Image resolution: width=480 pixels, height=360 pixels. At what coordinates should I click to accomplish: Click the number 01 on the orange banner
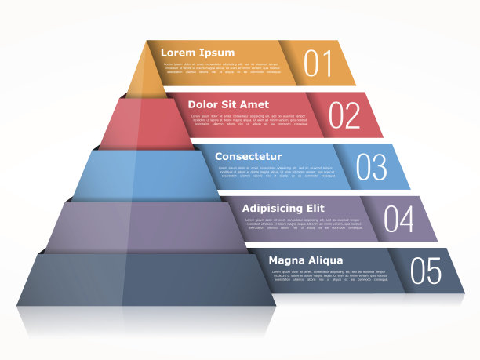pyautogui.click(x=318, y=63)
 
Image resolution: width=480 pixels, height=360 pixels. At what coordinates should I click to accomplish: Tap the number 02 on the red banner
pyautogui.click(x=344, y=115)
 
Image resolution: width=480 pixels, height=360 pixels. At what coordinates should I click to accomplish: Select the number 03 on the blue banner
pyautogui.click(x=371, y=167)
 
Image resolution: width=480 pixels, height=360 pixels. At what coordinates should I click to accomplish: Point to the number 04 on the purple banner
pyautogui.click(x=398, y=219)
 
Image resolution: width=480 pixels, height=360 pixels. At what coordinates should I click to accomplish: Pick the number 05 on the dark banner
pyautogui.click(x=426, y=271)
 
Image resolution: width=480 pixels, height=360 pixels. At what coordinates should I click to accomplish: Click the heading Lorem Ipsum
pyautogui.click(x=198, y=53)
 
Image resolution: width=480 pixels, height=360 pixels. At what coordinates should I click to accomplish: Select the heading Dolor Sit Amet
pyautogui.click(x=228, y=104)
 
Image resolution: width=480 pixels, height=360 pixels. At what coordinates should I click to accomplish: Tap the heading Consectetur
pyautogui.click(x=248, y=156)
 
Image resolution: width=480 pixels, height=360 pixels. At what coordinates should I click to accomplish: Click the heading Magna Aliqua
pyautogui.click(x=305, y=260)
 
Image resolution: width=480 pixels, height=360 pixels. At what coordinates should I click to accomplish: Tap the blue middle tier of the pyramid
pyautogui.click(x=145, y=174)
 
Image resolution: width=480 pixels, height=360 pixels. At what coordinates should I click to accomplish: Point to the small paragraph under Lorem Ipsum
pyautogui.click(x=221, y=68)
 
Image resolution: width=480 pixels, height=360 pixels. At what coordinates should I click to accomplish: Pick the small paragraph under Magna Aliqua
pyautogui.click(x=329, y=275)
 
